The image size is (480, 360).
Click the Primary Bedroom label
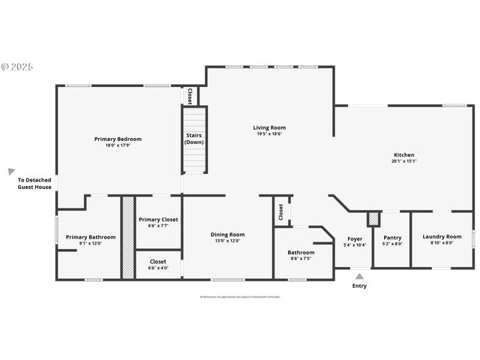tap(118, 139)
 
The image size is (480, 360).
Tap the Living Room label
tap(269, 127)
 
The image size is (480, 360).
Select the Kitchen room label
tap(403, 154)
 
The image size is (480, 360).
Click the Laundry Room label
tap(442, 238)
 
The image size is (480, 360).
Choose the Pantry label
tap(393, 238)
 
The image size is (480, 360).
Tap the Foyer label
tap(355, 238)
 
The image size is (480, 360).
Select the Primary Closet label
tap(158, 219)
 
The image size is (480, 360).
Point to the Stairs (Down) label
tap(194, 139)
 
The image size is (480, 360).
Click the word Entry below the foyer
tap(359, 286)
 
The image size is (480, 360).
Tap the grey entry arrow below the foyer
tap(359, 277)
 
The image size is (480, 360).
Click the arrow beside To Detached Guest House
tap(11, 172)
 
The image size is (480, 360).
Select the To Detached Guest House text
tap(34, 184)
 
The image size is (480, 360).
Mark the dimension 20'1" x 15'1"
tap(403, 160)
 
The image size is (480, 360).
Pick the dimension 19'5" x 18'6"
tap(269, 134)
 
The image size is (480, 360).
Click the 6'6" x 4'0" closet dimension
tap(158, 268)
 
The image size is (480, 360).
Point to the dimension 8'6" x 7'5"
tap(301, 259)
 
